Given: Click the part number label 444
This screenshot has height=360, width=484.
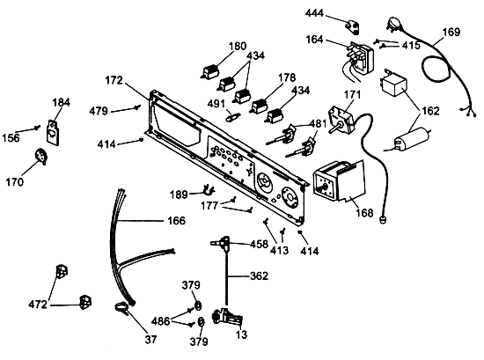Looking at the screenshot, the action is [314, 13].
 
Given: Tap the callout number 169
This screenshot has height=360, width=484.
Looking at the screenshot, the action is [451, 32].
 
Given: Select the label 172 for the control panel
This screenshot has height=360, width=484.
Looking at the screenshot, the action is [114, 80].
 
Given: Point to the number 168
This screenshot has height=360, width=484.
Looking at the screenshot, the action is [365, 213].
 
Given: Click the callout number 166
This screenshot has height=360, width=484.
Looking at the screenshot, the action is [177, 221].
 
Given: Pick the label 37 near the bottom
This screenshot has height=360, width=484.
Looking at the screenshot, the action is [151, 339].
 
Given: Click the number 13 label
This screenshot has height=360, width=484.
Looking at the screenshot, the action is [242, 334].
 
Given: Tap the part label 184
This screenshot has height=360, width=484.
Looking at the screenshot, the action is [61, 102].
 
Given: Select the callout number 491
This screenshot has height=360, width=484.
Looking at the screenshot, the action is [216, 104].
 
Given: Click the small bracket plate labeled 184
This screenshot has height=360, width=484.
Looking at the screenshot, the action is [53, 131].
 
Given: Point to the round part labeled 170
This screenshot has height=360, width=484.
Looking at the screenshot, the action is [41, 156].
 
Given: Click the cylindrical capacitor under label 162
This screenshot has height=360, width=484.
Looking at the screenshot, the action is [409, 139].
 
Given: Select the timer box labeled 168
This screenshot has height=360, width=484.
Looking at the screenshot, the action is [339, 180].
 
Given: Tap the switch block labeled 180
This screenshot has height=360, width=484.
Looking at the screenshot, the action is [210, 73].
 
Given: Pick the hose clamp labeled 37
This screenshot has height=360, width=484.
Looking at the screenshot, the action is [121, 308].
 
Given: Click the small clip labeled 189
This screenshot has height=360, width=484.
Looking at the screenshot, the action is [209, 190].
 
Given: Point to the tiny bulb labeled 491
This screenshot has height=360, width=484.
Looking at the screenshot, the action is [234, 117].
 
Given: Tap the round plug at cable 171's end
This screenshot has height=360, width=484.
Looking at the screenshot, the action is [383, 220].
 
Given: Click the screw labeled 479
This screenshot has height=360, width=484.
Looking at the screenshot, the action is [137, 107].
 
